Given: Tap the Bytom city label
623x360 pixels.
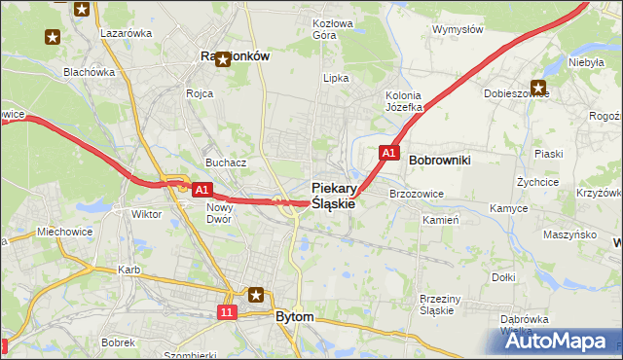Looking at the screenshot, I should (x=294, y=317).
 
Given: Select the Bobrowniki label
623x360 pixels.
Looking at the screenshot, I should (x=440, y=159).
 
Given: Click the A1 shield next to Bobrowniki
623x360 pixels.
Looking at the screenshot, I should (x=388, y=153).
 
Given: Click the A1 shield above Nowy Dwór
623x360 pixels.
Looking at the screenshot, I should (x=202, y=191).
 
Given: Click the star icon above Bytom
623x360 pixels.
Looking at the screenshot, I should (x=256, y=294).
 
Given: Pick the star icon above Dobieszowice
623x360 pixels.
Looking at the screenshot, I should (x=537, y=87).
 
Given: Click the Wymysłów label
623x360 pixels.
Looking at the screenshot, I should (x=458, y=29).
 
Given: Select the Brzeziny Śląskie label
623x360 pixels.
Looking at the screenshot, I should (x=436, y=305).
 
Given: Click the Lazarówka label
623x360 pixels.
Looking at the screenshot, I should (x=126, y=32).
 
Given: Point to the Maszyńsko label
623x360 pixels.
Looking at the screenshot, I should (x=569, y=234).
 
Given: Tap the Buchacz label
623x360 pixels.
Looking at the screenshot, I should (x=224, y=162).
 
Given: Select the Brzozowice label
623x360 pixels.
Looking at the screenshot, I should (x=416, y=194).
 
